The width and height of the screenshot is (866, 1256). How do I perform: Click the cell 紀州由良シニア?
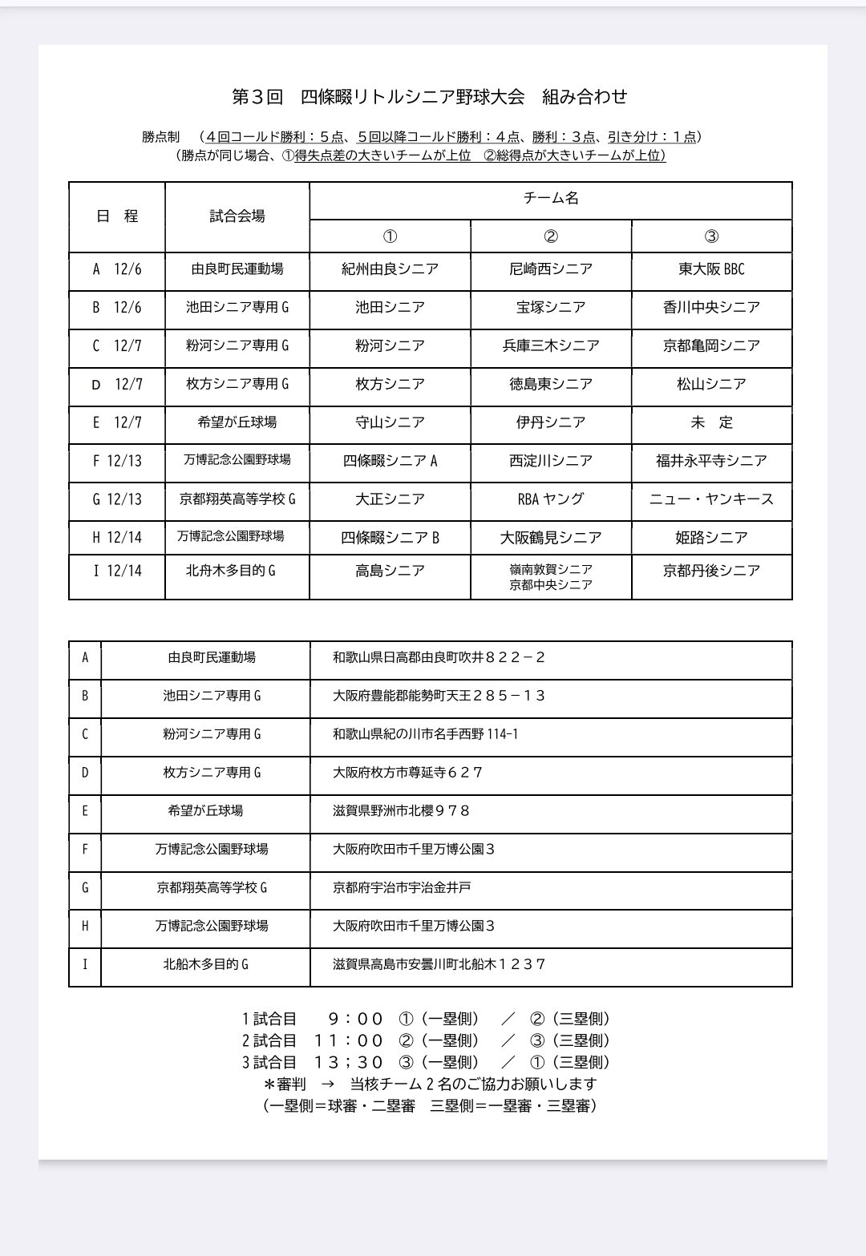[390, 269]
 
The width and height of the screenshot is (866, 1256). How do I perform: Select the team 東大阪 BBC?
[711, 269]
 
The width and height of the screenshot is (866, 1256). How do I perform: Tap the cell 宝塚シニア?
[551, 308]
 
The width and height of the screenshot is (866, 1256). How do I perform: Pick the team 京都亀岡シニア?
[711, 346]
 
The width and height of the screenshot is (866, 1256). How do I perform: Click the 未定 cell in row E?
[711, 422]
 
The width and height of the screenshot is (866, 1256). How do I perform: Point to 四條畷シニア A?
[390, 461]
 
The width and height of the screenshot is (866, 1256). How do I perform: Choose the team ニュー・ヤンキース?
[711, 499]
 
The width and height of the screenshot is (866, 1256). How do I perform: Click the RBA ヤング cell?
[551, 499]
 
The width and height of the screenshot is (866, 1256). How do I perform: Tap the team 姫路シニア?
[711, 538]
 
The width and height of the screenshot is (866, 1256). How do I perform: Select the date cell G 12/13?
[117, 499]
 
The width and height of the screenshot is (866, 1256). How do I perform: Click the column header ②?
[551, 236]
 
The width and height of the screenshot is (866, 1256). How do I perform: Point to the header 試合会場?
[237, 216]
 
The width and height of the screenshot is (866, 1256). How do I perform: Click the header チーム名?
[551, 199]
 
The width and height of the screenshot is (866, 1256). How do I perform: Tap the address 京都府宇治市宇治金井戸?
[402, 888]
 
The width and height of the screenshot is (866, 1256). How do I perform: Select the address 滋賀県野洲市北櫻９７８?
[401, 811]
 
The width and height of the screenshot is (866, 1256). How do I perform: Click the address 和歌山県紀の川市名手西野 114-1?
[425, 734]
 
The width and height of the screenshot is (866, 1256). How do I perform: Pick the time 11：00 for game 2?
[349, 1041]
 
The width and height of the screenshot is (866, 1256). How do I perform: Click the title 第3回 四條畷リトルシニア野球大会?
[378, 97]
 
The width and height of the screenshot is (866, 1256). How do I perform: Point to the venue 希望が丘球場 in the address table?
[205, 811]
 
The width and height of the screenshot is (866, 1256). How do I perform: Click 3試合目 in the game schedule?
[269, 1063]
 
